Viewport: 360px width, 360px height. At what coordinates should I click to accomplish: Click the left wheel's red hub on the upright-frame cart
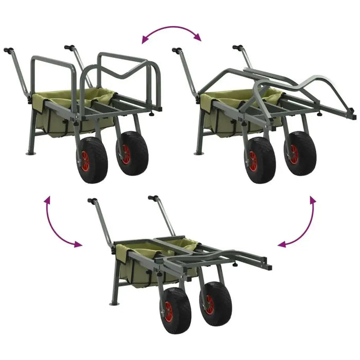(x=86, y=160)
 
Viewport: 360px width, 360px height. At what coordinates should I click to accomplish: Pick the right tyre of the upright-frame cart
(x=133, y=153)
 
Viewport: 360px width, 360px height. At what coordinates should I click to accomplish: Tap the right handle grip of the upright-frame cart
(x=68, y=48)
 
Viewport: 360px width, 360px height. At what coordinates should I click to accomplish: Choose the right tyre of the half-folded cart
(x=299, y=153)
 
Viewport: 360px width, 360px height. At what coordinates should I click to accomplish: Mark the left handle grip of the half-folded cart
(x=176, y=50)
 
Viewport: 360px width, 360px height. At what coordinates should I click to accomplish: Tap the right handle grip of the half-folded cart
(x=237, y=48)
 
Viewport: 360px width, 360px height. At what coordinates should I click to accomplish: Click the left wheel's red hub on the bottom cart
(x=169, y=311)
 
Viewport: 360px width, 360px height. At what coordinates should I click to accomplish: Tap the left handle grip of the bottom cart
(x=92, y=201)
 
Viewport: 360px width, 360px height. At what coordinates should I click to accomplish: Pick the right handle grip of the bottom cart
(x=152, y=197)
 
